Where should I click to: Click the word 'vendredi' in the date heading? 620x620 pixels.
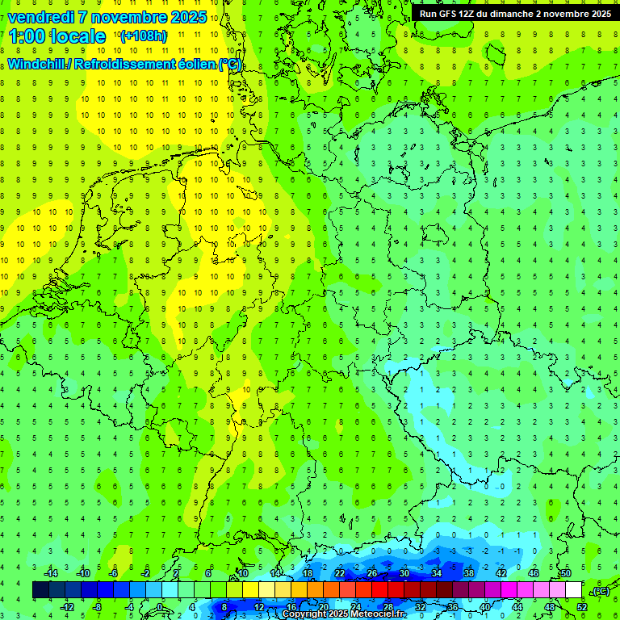[x=41, y=17]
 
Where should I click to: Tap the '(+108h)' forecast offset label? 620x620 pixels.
[x=143, y=36]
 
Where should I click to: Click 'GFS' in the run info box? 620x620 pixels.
[x=449, y=14]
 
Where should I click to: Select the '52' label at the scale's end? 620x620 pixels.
[x=581, y=606]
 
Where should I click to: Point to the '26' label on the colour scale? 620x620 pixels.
[x=372, y=573]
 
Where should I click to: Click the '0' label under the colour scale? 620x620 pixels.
[x=160, y=606]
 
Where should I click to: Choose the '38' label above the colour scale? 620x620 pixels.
[x=468, y=573]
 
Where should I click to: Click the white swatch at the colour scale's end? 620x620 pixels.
[x=573, y=590]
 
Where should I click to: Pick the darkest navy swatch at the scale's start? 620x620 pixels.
[x=40, y=590]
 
